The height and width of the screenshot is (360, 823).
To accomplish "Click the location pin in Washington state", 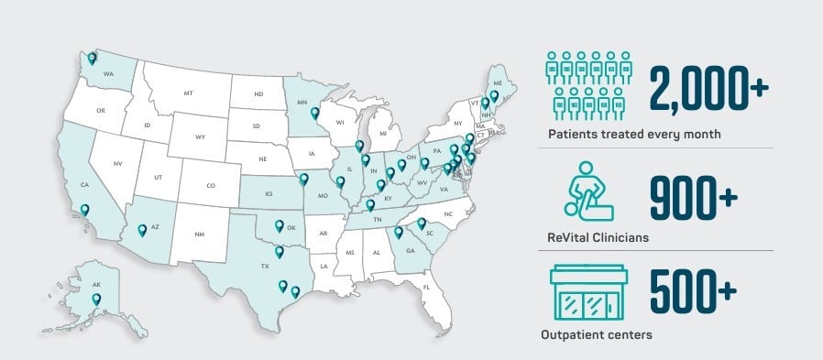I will click(93, 58).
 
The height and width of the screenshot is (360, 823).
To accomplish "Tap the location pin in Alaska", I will click(96, 298).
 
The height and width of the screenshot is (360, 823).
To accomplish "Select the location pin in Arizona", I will click(142, 230).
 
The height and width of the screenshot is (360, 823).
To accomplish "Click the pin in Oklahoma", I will click(280, 226).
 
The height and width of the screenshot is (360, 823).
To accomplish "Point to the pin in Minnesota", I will click(315, 114).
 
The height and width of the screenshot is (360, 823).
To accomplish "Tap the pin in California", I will click(85, 209).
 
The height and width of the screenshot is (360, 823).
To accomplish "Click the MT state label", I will click(188, 93).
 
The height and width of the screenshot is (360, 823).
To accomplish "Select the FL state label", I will click(427, 287).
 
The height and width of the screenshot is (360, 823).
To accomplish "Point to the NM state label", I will click(200, 235).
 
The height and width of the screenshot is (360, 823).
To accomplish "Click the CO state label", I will click(210, 186).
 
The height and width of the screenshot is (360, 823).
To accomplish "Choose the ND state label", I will click(258, 93).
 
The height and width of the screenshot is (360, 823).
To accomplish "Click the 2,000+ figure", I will click(708, 88).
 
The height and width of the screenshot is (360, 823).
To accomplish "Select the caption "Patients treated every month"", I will click(634, 135).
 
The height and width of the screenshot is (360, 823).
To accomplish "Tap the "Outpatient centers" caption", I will click(600, 335).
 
